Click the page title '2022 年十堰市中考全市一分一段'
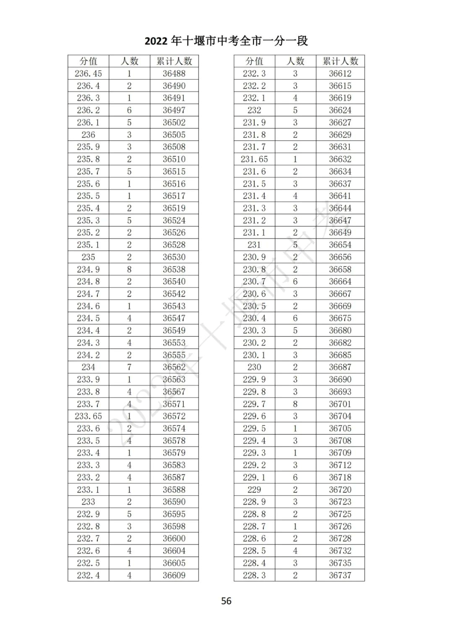[226, 41]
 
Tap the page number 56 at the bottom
[226, 601]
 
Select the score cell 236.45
[88, 73]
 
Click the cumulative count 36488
[174, 73]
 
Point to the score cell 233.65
[88, 416]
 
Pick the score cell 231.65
[254, 159]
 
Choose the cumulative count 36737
[340, 575]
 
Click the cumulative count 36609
[174, 575]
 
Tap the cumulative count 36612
[340, 73]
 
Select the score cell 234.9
[88, 269]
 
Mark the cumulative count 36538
[174, 269]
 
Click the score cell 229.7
[254, 404]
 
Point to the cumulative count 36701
[340, 404]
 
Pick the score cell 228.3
[254, 575]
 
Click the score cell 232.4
[88, 575]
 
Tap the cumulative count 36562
[174, 367]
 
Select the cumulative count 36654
[340, 245]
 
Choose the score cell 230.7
[254, 282]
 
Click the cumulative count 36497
[174, 110]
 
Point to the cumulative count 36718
[340, 477]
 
